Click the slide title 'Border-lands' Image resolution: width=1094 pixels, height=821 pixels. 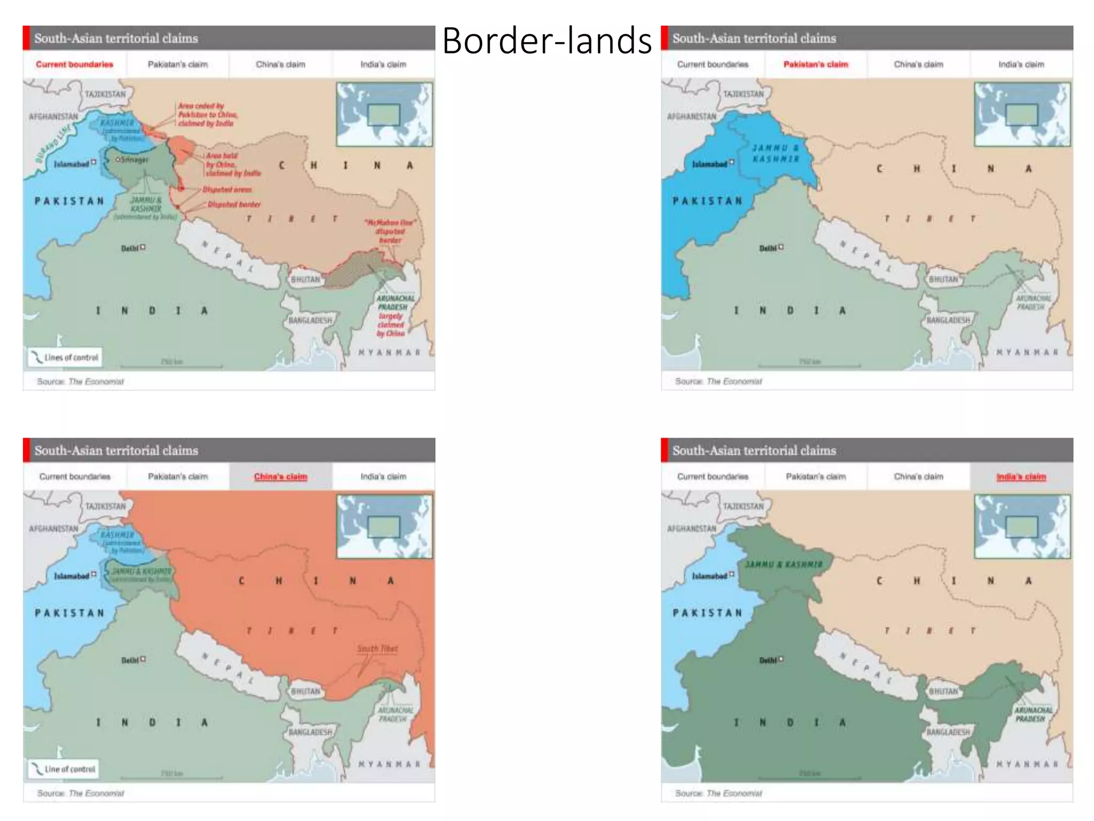547,41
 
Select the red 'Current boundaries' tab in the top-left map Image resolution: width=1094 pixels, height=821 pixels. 74,65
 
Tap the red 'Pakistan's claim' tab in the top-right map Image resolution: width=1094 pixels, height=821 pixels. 816,65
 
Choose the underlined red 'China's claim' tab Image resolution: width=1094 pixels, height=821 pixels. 280,477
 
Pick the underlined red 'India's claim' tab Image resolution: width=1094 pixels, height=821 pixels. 1021,477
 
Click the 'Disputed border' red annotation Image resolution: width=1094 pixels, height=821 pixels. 234,205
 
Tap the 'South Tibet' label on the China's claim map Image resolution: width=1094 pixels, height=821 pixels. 377,649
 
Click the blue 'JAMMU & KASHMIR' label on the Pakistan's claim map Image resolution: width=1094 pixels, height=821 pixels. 776,153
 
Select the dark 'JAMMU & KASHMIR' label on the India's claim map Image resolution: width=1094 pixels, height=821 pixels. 784,564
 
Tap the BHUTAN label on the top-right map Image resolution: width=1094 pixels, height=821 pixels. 943,280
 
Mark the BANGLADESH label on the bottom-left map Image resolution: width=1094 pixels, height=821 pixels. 310,732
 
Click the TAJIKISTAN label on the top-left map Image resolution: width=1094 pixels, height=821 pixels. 105,95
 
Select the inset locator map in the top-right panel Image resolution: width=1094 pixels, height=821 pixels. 1022,114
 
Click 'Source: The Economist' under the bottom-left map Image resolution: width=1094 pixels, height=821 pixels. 80,793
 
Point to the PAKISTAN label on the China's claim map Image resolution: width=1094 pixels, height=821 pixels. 69,613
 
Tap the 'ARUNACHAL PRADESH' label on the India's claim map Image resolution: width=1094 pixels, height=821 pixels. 1033,715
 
